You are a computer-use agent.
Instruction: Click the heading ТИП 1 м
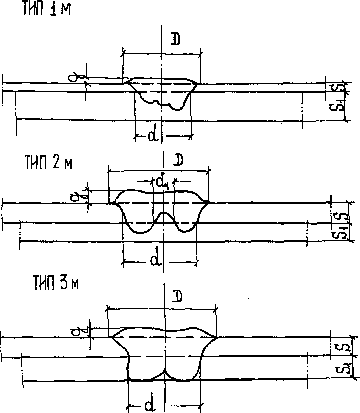[x=47, y=9]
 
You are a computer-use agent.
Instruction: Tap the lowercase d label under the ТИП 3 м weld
[x=149, y=405]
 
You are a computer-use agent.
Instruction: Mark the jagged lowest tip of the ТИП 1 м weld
[x=178, y=110]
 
